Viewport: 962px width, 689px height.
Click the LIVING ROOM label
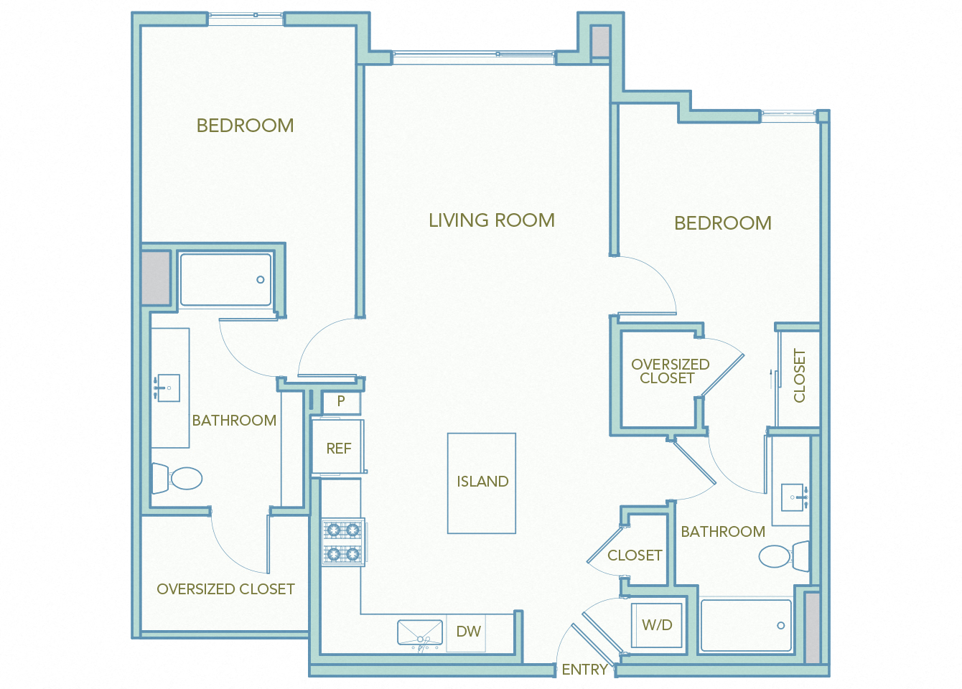492,220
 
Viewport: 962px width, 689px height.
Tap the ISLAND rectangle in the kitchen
482,482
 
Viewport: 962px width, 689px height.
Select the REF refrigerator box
338,448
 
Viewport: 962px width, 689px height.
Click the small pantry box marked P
341,402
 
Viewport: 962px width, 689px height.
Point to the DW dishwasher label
468,632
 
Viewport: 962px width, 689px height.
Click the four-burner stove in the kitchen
343,542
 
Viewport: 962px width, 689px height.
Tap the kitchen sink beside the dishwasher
420,633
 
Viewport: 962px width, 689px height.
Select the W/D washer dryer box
657,625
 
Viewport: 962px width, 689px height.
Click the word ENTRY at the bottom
584,670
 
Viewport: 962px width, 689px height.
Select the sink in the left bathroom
168,388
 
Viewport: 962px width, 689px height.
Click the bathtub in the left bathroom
225,280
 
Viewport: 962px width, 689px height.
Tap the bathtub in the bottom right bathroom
746,626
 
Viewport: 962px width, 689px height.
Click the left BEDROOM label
245,126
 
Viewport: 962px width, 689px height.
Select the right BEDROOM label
723,223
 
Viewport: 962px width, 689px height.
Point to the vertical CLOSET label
799,375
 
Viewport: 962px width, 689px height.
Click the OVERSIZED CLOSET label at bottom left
225,589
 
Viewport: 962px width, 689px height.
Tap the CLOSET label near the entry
635,556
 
